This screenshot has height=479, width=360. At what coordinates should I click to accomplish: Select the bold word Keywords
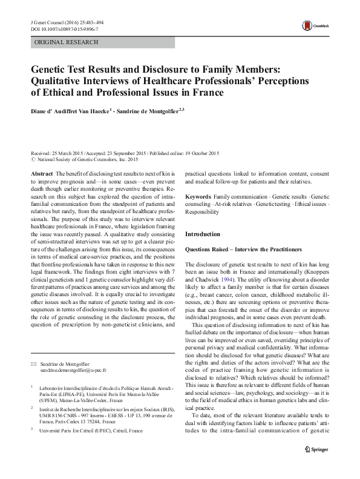tap(198, 197)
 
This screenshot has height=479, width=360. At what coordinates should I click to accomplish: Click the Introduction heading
tap(203, 233)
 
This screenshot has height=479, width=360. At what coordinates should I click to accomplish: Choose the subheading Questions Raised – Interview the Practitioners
tap(243, 249)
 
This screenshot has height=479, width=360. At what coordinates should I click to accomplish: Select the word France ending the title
tap(206, 93)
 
